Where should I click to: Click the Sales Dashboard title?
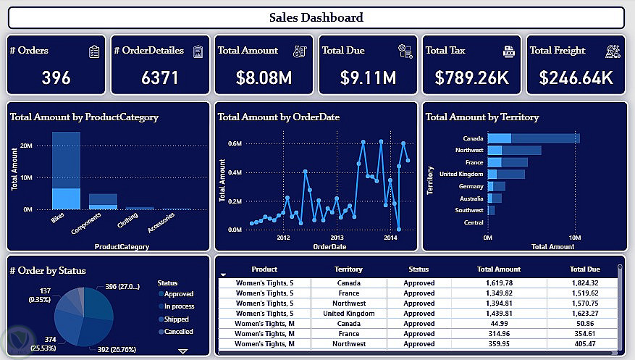point(316,17)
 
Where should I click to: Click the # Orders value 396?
point(56,77)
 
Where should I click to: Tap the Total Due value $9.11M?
point(369,77)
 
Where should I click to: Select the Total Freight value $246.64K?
point(576,77)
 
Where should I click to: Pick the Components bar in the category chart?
point(103,201)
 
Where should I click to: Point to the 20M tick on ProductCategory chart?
point(26,146)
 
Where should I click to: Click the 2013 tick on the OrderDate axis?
point(337,238)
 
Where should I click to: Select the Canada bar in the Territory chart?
point(534,138)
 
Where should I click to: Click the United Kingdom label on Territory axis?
point(461,174)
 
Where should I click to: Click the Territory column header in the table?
point(349,269)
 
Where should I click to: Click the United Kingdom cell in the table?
point(349,314)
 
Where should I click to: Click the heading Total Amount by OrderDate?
point(279,117)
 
